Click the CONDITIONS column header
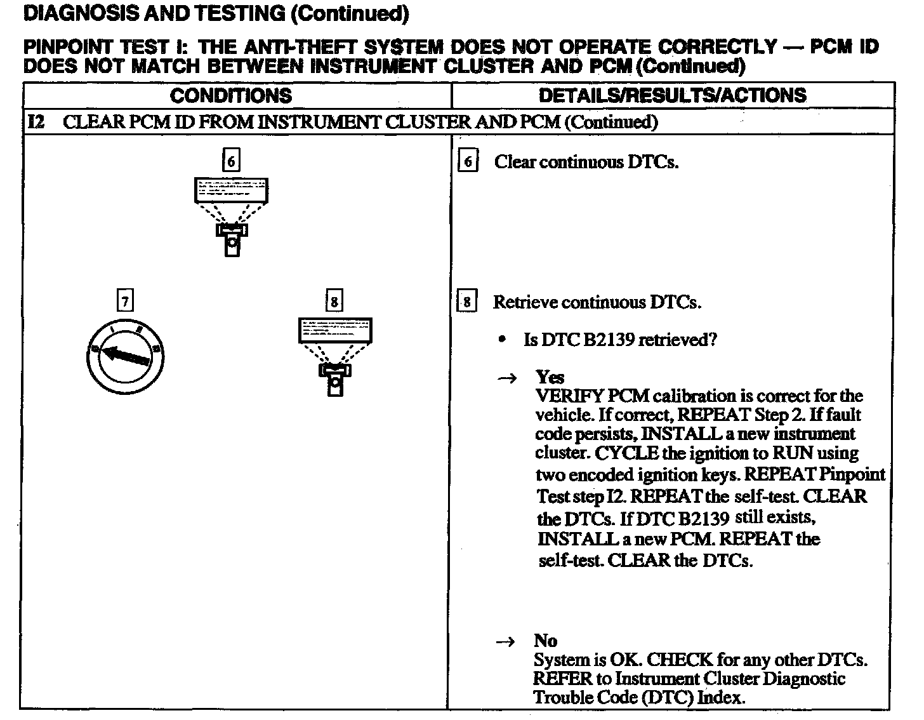pos(231,96)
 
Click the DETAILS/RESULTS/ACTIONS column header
pos(672,95)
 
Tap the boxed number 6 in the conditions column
pos(231,161)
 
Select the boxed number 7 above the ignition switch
pos(125,300)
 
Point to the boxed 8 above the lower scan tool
pos(334,300)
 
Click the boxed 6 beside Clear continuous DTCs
pos(468,161)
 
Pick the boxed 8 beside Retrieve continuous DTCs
pos(466,302)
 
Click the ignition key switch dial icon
pos(125,357)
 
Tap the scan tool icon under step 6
pos(231,216)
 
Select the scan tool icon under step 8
pos(334,356)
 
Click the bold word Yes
pos(550,377)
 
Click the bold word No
pos(545,641)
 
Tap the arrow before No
pos(505,643)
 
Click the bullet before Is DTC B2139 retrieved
pos(503,340)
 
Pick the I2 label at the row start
pos(36,122)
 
